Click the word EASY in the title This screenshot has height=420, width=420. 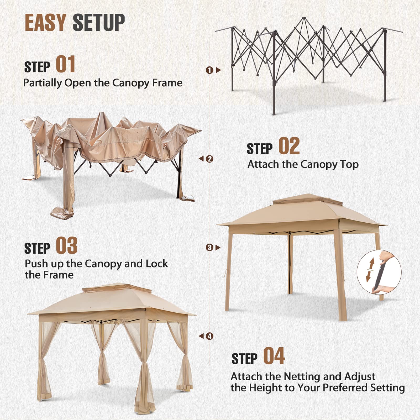point(45,23)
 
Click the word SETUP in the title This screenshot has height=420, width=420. point(99,23)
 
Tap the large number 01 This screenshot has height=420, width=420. point(66,64)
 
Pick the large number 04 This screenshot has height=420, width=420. point(274,356)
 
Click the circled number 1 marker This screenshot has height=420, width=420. point(209,70)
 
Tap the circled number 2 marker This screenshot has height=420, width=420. point(209,159)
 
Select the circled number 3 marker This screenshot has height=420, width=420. point(209,248)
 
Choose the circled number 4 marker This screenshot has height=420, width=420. point(209,336)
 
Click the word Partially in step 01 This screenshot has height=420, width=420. point(43,83)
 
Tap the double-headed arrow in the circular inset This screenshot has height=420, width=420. point(371,270)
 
